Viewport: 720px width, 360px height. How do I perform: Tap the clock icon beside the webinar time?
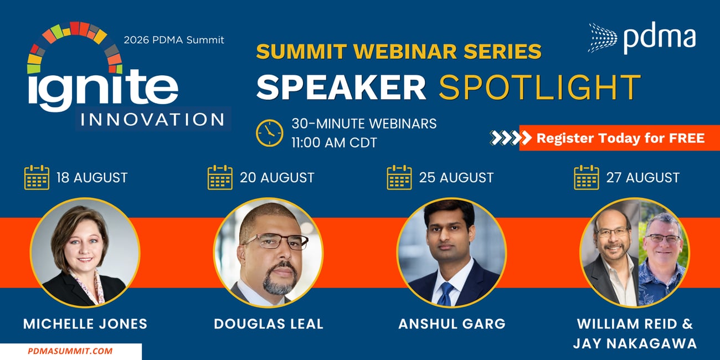pos(269,133)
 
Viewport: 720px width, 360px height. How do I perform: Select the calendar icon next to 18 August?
pos(37,177)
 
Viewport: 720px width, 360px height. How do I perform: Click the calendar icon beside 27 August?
pos(587,177)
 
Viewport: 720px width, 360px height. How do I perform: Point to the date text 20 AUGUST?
pos(277,178)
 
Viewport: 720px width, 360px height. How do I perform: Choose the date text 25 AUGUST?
pos(456,178)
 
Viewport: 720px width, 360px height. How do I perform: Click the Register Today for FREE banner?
pos(620,138)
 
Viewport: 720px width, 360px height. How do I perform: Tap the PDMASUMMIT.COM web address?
pos(70,351)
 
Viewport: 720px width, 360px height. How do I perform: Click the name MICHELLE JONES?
pos(85,323)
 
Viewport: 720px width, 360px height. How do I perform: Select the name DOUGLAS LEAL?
pos(269,323)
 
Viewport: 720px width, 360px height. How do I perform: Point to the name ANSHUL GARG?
pos(452,323)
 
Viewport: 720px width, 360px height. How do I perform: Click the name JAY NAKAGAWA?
pos(635,343)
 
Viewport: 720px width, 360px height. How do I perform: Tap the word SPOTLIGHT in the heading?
pos(540,87)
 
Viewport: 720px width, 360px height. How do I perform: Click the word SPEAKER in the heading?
pos(341,87)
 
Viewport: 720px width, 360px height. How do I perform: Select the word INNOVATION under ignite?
pos(152,119)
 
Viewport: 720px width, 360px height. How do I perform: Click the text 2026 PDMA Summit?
pos(174,40)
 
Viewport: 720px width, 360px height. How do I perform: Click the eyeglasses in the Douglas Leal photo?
pos(276,241)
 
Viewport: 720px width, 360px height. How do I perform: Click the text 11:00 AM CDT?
pos(334,143)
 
